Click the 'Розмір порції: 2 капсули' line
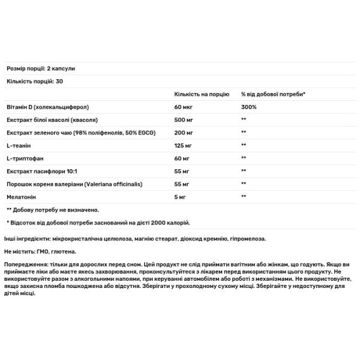point(40,68)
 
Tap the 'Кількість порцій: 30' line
point(34,81)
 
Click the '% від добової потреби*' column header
point(273,94)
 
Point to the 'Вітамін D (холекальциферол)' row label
point(47,107)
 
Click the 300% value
point(248,107)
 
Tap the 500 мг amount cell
point(183,119)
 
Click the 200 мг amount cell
point(183,132)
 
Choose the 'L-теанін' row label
point(18,145)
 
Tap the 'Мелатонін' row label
point(21,196)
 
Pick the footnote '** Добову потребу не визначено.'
point(52,209)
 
